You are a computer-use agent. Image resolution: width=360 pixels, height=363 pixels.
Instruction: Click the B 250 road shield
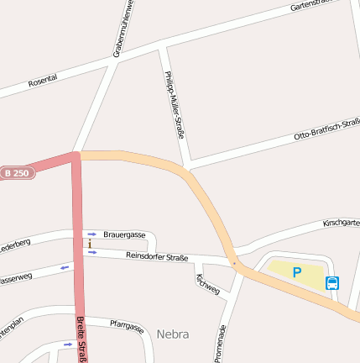pyautogui.click(x=16, y=172)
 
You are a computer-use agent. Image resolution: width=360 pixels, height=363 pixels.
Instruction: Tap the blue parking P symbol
pyautogui.click(x=297, y=271)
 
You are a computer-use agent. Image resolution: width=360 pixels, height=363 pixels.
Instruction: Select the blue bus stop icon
pyautogui.click(x=332, y=283)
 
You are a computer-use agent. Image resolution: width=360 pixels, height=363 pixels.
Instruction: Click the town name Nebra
pyautogui.click(x=172, y=334)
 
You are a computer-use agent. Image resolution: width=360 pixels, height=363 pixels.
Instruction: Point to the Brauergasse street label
pyautogui.click(x=125, y=234)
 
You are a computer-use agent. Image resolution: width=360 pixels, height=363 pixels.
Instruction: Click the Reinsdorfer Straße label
pyautogui.click(x=157, y=255)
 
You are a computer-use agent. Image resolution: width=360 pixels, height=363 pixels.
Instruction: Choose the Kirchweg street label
pyautogui.click(x=207, y=283)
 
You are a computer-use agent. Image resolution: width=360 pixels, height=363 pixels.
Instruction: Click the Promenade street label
pyautogui.click(x=222, y=342)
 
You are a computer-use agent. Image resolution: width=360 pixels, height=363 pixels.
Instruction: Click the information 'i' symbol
pyautogui.click(x=90, y=244)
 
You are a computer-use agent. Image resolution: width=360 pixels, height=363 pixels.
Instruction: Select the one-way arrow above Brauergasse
pyautogui.click(x=91, y=234)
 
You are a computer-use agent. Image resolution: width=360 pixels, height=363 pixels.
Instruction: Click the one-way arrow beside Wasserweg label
pyautogui.click(x=65, y=268)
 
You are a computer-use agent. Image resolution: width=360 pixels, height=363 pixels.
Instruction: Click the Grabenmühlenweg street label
pyautogui.click(x=123, y=30)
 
